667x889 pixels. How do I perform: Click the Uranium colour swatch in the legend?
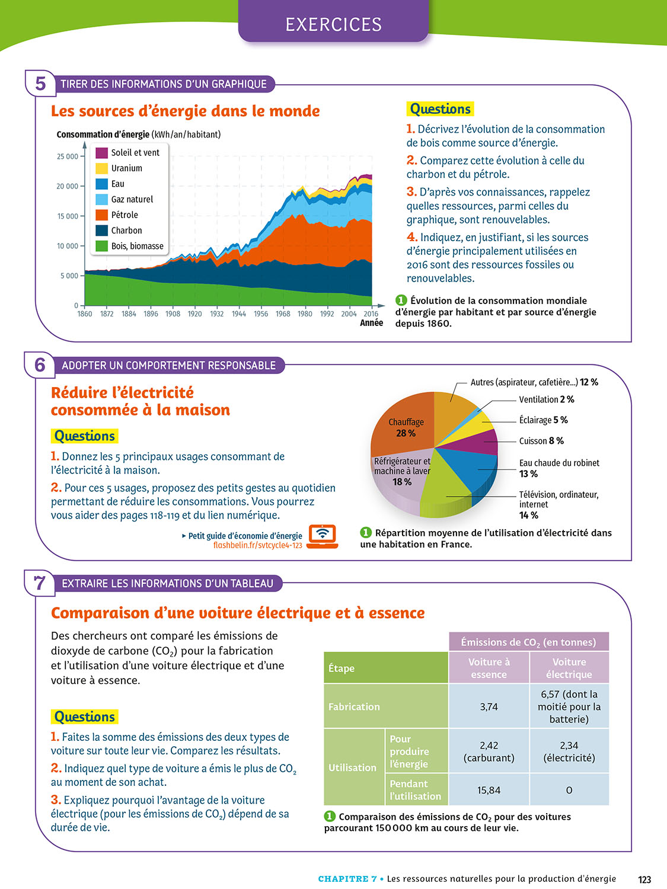point(101,168)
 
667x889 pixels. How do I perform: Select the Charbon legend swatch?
point(101,231)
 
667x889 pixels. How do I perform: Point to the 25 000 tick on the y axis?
point(68,156)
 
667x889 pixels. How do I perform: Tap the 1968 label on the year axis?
point(283,314)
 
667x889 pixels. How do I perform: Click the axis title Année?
point(372,323)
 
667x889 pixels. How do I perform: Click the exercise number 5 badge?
point(40,84)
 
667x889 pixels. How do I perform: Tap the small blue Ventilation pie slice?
point(478,410)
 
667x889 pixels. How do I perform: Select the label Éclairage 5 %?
point(543,420)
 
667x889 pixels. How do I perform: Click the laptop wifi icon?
point(323,536)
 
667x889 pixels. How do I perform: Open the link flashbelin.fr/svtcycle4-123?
point(257,545)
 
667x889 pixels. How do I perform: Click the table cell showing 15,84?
point(489,790)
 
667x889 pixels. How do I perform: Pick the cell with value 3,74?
point(489,706)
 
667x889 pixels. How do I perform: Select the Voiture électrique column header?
point(569,668)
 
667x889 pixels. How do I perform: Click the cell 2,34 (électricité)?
point(569,752)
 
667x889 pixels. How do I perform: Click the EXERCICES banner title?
point(333,24)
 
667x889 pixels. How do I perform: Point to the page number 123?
point(644,880)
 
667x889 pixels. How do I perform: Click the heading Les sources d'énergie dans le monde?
point(185,111)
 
